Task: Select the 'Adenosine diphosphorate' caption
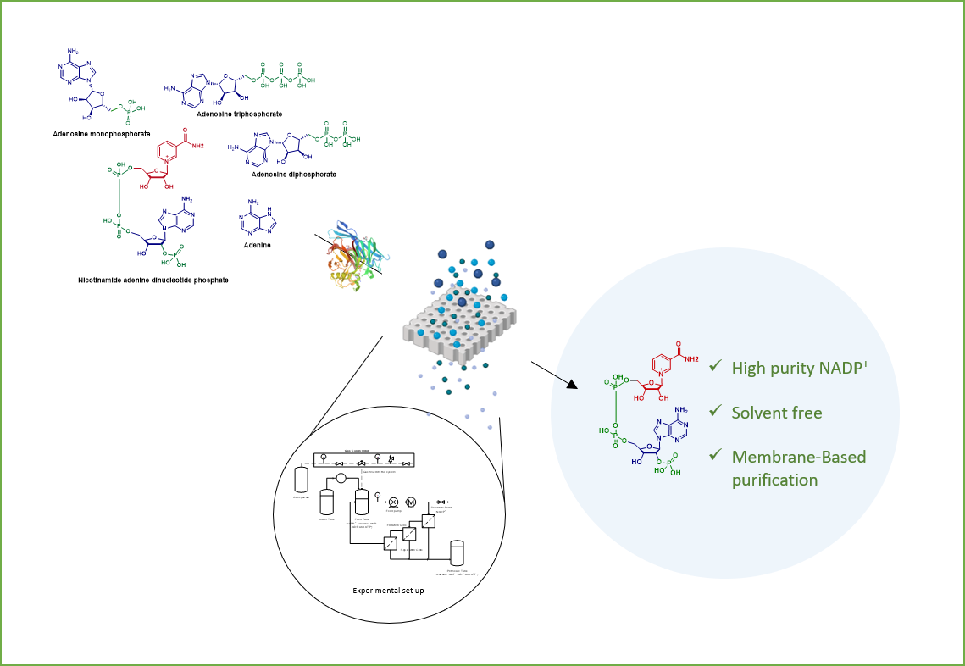click(293, 175)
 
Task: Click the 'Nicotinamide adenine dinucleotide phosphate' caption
click(147, 280)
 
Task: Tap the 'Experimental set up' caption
click(388, 590)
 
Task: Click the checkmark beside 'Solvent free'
click(715, 412)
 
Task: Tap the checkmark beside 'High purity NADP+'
click(715, 366)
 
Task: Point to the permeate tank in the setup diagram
click(458, 552)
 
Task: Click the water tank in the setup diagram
click(327, 502)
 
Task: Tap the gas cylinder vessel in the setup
click(301, 480)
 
